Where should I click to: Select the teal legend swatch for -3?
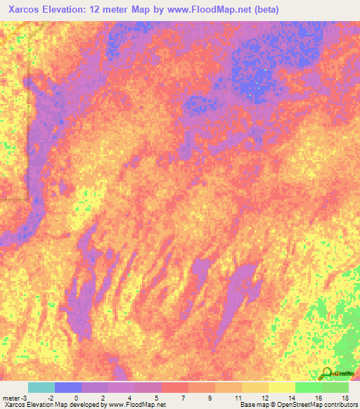click(41, 387)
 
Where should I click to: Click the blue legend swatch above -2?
click(68, 387)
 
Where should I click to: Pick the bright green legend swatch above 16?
click(309, 387)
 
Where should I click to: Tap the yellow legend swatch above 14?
click(282, 387)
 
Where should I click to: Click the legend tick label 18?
click(344, 397)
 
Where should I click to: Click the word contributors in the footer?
click(344, 405)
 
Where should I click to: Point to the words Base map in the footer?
click(251, 405)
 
